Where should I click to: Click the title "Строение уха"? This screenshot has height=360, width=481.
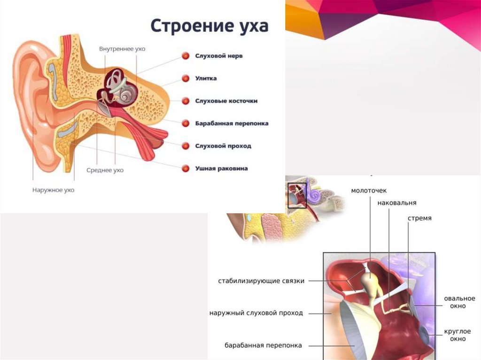pyautogui.click(x=209, y=26)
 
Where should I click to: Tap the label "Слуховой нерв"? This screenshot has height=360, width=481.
pyautogui.click(x=219, y=56)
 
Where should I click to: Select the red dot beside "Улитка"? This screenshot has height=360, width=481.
pyautogui.click(x=186, y=78)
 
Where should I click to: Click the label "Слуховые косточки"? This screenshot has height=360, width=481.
pyautogui.click(x=226, y=101)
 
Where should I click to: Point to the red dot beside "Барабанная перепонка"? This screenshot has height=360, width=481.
pyautogui.click(x=186, y=123)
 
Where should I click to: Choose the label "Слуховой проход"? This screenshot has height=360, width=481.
pyautogui.click(x=223, y=146)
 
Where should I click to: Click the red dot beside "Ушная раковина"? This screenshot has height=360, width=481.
pyautogui.click(x=186, y=168)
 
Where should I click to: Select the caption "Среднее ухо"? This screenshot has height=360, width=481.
pyautogui.click(x=105, y=170)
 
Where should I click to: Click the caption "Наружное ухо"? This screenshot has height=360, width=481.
pyautogui.click(x=53, y=190)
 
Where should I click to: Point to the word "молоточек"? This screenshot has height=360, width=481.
pyautogui.click(x=369, y=191)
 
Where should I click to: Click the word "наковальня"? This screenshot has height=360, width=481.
pyautogui.click(x=396, y=203)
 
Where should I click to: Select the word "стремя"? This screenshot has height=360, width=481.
pyautogui.click(x=419, y=218)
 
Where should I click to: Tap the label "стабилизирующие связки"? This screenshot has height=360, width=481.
pyautogui.click(x=261, y=281)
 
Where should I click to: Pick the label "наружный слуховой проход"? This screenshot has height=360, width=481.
pyautogui.click(x=256, y=313)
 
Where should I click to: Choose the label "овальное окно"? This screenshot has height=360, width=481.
pyautogui.click(x=460, y=302)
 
